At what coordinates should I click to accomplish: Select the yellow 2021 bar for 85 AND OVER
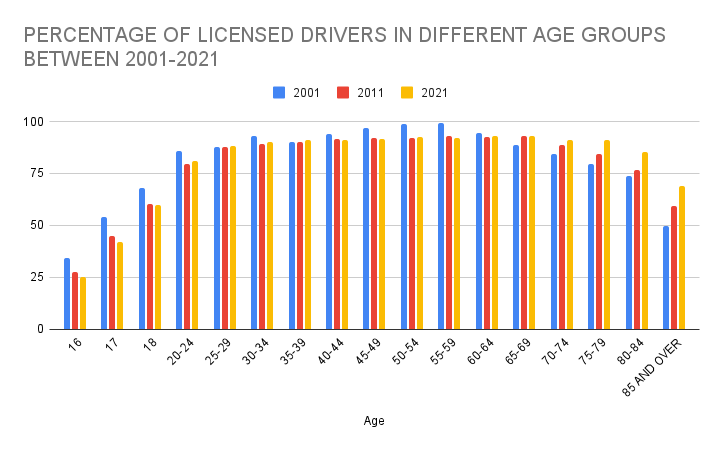point(682,258)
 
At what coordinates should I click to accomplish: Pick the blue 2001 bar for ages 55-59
point(441,227)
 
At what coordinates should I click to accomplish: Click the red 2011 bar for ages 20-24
point(187,247)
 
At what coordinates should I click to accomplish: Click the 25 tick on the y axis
point(42,277)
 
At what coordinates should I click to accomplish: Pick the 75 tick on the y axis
point(42,174)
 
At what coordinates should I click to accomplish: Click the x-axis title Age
point(373,421)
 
